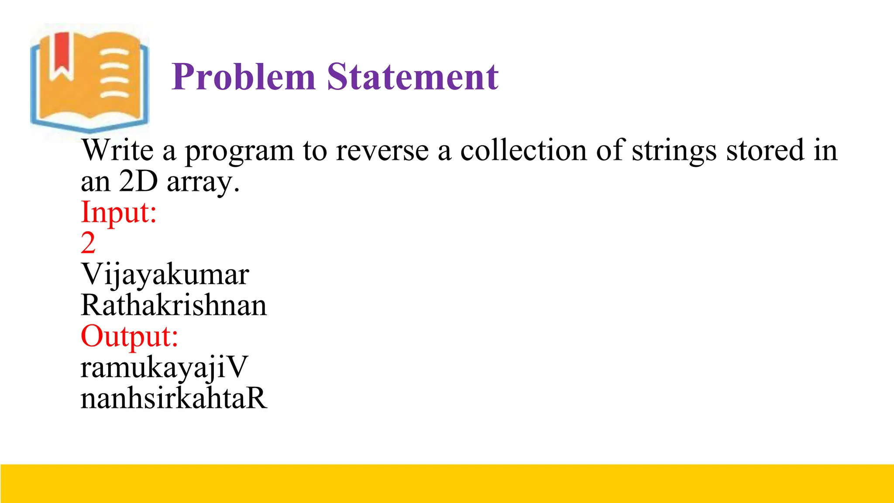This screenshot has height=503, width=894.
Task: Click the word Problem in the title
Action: click(x=243, y=77)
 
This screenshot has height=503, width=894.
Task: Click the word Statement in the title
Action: click(x=413, y=77)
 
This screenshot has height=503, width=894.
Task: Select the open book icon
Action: click(x=89, y=81)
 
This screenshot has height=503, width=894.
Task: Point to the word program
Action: click(x=239, y=152)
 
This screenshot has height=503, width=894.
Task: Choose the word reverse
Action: click(x=382, y=151)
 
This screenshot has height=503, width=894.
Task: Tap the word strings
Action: click(x=674, y=151)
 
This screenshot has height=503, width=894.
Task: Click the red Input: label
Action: click(x=119, y=213)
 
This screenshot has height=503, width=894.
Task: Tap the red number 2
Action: click(x=88, y=243)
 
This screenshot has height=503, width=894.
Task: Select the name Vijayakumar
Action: click(x=165, y=275)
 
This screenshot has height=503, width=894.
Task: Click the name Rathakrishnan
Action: click(x=174, y=305)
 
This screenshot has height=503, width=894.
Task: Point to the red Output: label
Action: click(x=130, y=337)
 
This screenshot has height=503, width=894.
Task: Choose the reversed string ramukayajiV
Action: click(x=164, y=368)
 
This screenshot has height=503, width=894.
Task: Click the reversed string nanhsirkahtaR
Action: click(x=174, y=398)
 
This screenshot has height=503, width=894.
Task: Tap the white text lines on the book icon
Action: click(x=115, y=73)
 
